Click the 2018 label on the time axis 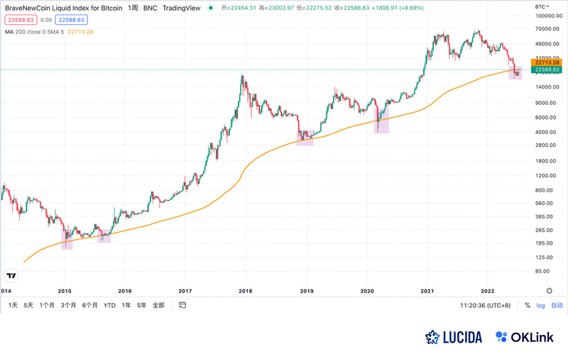pos(246,290)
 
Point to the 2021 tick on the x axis pos(427,290)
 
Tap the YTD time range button pos(109,306)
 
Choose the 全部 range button pos(158,306)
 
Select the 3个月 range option pos(68,306)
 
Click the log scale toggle pos(540,306)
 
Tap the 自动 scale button pos(557,306)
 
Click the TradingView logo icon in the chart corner pos(11,275)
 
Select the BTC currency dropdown pos(543,6)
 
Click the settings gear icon pos(549,290)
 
